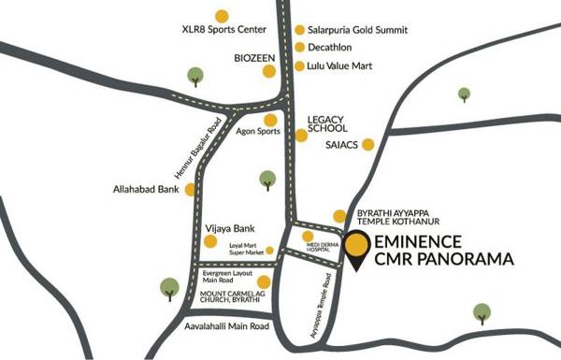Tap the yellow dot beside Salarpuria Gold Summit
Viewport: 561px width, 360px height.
pos(299,29)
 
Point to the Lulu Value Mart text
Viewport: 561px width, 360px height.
pos(345,66)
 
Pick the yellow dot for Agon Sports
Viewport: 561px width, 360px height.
pos(270,120)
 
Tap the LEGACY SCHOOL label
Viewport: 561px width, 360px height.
pos(328,124)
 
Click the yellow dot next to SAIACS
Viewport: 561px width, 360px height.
pos(368,144)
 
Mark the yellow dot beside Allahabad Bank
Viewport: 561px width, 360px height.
pos(191,190)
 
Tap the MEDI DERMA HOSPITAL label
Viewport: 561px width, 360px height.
pos(308,249)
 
